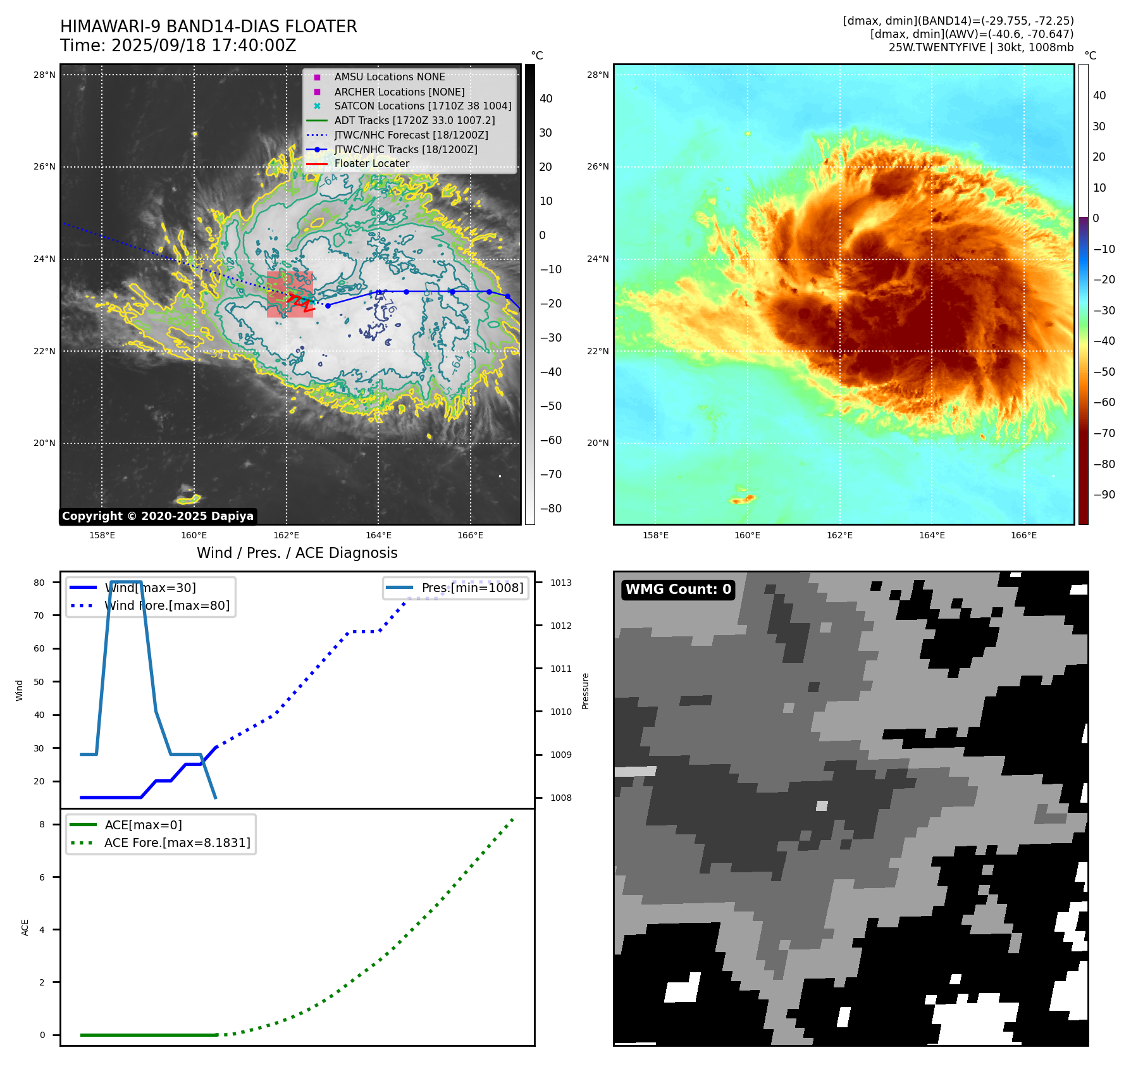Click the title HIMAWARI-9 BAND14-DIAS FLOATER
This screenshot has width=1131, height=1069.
click(208, 27)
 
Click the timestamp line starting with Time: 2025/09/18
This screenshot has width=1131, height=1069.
click(178, 46)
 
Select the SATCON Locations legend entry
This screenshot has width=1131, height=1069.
click(422, 106)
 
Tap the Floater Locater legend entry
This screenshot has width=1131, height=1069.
click(371, 163)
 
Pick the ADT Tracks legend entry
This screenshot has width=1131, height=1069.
click(414, 120)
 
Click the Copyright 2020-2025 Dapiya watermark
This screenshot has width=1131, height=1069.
click(158, 516)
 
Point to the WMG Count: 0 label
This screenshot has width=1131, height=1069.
click(678, 590)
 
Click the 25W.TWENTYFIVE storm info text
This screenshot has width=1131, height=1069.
click(980, 47)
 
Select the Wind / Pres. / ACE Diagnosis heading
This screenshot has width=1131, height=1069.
click(297, 553)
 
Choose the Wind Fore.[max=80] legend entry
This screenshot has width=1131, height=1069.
click(167, 605)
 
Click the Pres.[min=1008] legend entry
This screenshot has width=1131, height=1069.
click(472, 588)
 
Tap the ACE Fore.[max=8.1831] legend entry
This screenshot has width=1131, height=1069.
click(177, 843)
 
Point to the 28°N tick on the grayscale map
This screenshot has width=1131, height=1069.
click(44, 75)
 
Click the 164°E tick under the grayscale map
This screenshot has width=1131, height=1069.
click(378, 535)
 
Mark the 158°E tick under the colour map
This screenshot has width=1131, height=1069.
click(655, 535)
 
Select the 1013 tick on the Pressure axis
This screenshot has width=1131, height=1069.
click(560, 583)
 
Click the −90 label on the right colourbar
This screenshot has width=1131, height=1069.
click(1104, 495)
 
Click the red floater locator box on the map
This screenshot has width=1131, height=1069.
click(290, 295)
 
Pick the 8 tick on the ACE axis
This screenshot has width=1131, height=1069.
click(42, 824)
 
